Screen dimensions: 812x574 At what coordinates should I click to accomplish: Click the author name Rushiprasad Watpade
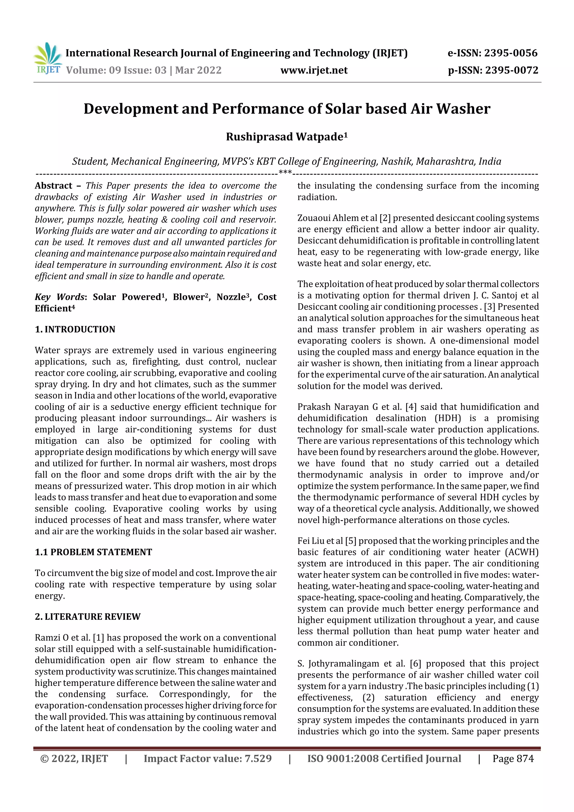tap(286, 137)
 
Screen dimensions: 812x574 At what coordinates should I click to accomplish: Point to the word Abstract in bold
tap(54, 186)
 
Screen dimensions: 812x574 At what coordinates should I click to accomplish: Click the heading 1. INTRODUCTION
tap(75, 329)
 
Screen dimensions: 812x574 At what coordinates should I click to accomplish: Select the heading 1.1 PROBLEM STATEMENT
tap(93, 552)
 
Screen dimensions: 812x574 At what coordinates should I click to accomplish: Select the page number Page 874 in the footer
tap(513, 758)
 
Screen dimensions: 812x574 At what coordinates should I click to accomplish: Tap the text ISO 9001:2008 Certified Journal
tap(384, 758)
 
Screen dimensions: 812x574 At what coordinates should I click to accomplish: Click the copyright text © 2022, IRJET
tap(74, 758)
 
